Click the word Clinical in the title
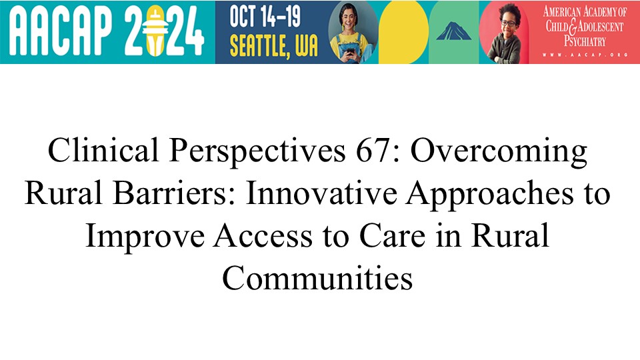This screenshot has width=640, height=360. click(103, 150)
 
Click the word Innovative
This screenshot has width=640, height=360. click(321, 193)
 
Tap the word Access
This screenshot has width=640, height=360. click(263, 235)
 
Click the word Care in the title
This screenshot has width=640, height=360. click(392, 235)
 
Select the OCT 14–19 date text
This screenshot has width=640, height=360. click(265, 16)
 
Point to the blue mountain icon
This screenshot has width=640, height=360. click(453, 31)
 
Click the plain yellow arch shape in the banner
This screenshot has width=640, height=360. click(403, 32)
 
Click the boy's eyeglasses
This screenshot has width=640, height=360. click(508, 23)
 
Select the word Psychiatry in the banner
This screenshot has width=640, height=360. click(585, 41)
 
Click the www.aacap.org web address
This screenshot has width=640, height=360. click(585, 55)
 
